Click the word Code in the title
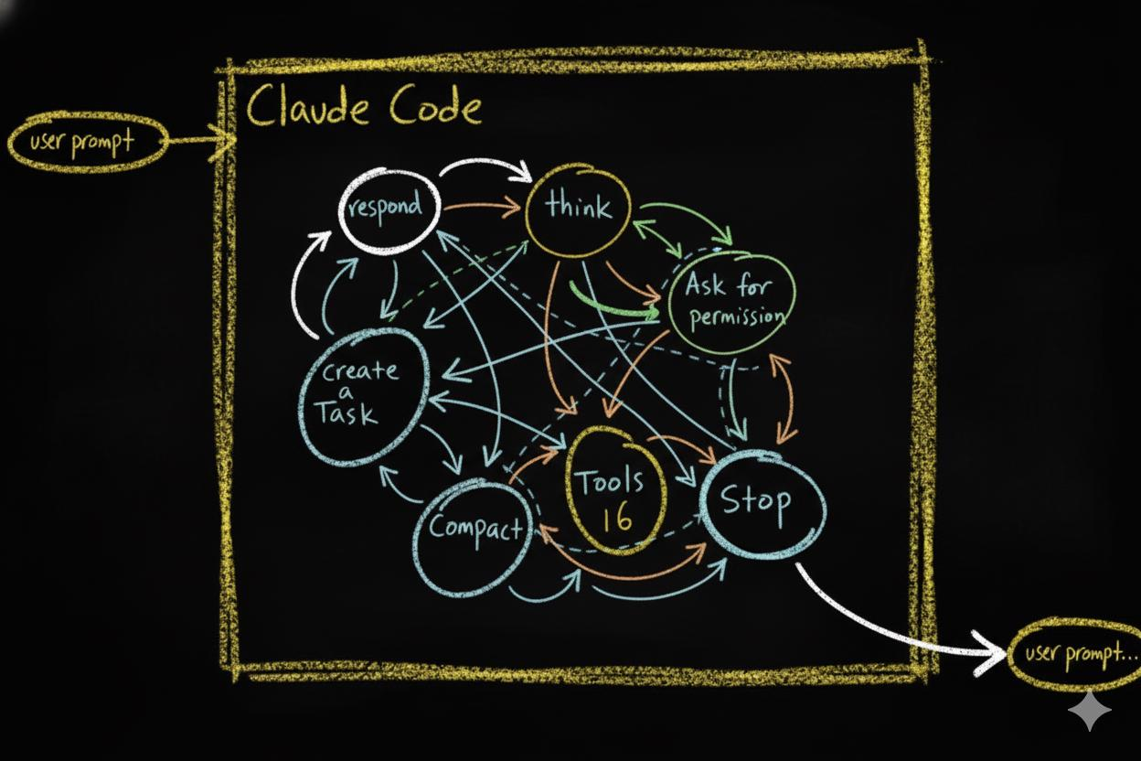point(434,108)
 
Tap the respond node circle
point(388,208)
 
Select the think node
point(580,207)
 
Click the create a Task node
point(361,394)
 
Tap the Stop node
point(759,502)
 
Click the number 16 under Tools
point(617,519)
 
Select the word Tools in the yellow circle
point(608,481)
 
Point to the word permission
point(737,316)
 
